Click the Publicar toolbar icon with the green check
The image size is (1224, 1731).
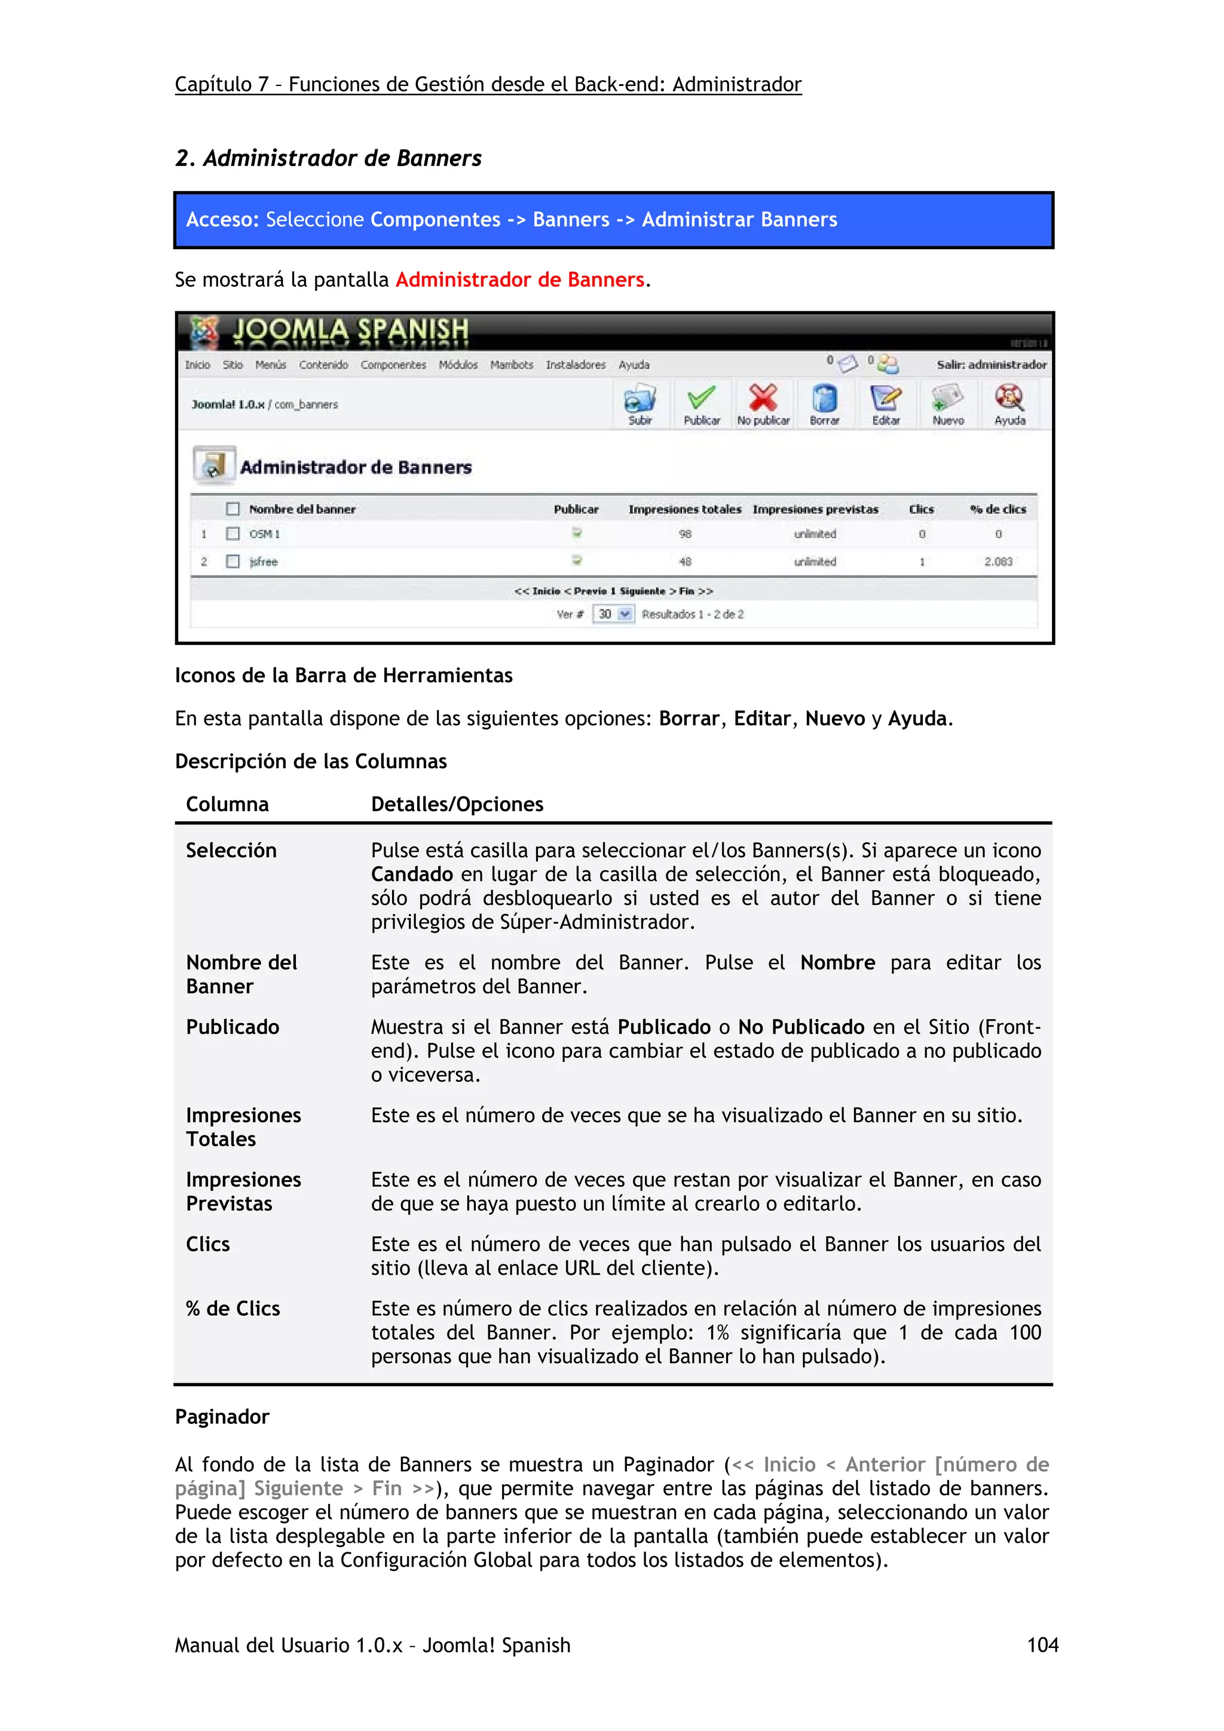(702, 399)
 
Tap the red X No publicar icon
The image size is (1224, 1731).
(763, 399)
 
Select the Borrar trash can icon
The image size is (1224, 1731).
(824, 399)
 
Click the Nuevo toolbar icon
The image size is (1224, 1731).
(947, 399)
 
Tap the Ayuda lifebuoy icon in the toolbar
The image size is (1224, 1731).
(1009, 399)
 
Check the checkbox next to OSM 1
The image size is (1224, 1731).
(233, 534)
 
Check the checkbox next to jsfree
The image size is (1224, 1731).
(233, 561)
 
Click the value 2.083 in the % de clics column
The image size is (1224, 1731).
(997, 561)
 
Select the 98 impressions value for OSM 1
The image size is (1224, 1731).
(685, 534)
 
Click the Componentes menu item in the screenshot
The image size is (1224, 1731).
(393, 365)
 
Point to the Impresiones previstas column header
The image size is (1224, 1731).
(815, 510)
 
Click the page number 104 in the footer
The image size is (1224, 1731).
(1042, 1645)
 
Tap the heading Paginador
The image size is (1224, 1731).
(222, 1417)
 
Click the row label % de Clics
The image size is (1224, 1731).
(233, 1309)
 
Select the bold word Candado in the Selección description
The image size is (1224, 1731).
(412, 874)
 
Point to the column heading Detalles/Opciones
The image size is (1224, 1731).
(457, 805)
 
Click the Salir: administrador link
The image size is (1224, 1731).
(991, 365)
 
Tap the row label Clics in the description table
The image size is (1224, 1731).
(208, 1244)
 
